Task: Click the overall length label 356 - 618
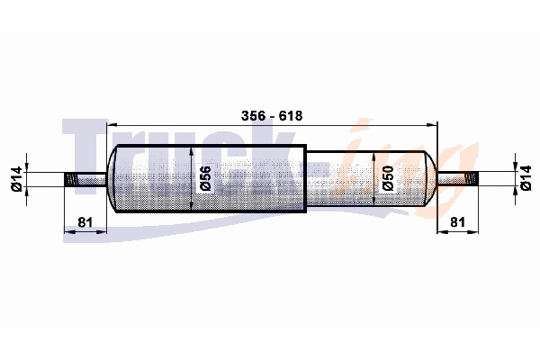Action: click(271, 116)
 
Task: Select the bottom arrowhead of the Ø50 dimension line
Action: click(373, 206)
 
